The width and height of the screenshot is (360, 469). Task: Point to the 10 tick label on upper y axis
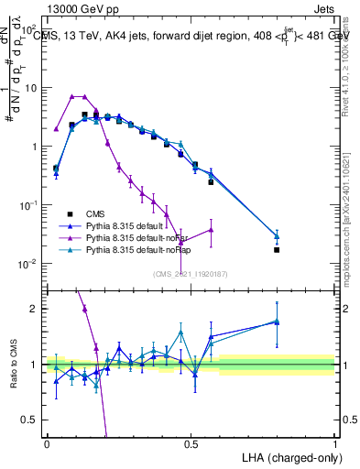pyautogui.click(x=32, y=88)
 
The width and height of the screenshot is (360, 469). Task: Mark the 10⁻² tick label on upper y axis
pyautogui.click(x=30, y=264)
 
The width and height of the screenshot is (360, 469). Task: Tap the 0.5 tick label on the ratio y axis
pyautogui.click(x=32, y=419)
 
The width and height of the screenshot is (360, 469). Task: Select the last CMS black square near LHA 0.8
pyautogui.click(x=277, y=249)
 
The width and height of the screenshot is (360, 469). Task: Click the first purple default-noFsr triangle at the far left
pyautogui.click(x=56, y=129)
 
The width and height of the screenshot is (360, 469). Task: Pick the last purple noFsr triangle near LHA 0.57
pyautogui.click(x=211, y=230)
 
